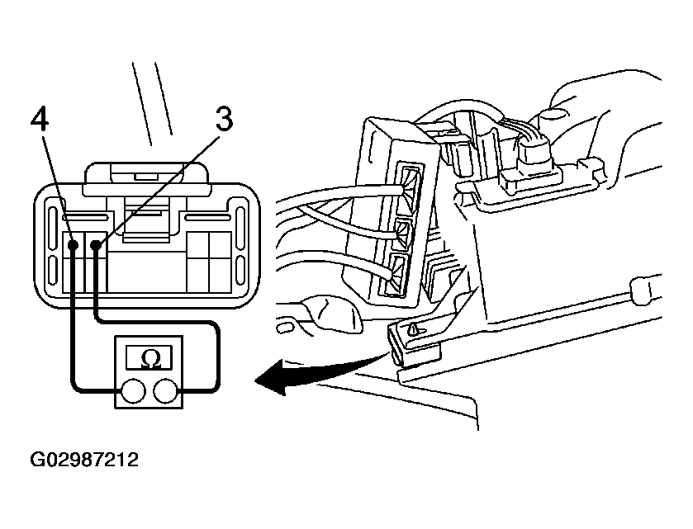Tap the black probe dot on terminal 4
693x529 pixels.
point(73,244)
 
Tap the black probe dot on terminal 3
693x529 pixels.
point(96,244)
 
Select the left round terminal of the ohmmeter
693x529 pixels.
point(133,391)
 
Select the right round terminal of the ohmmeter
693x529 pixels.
point(166,391)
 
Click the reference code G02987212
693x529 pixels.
point(84,460)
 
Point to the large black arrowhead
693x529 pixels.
point(275,376)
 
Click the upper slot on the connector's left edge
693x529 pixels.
point(53,229)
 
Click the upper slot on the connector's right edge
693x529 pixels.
point(241,229)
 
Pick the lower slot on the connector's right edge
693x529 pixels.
point(241,270)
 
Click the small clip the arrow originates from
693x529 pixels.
point(414,343)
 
